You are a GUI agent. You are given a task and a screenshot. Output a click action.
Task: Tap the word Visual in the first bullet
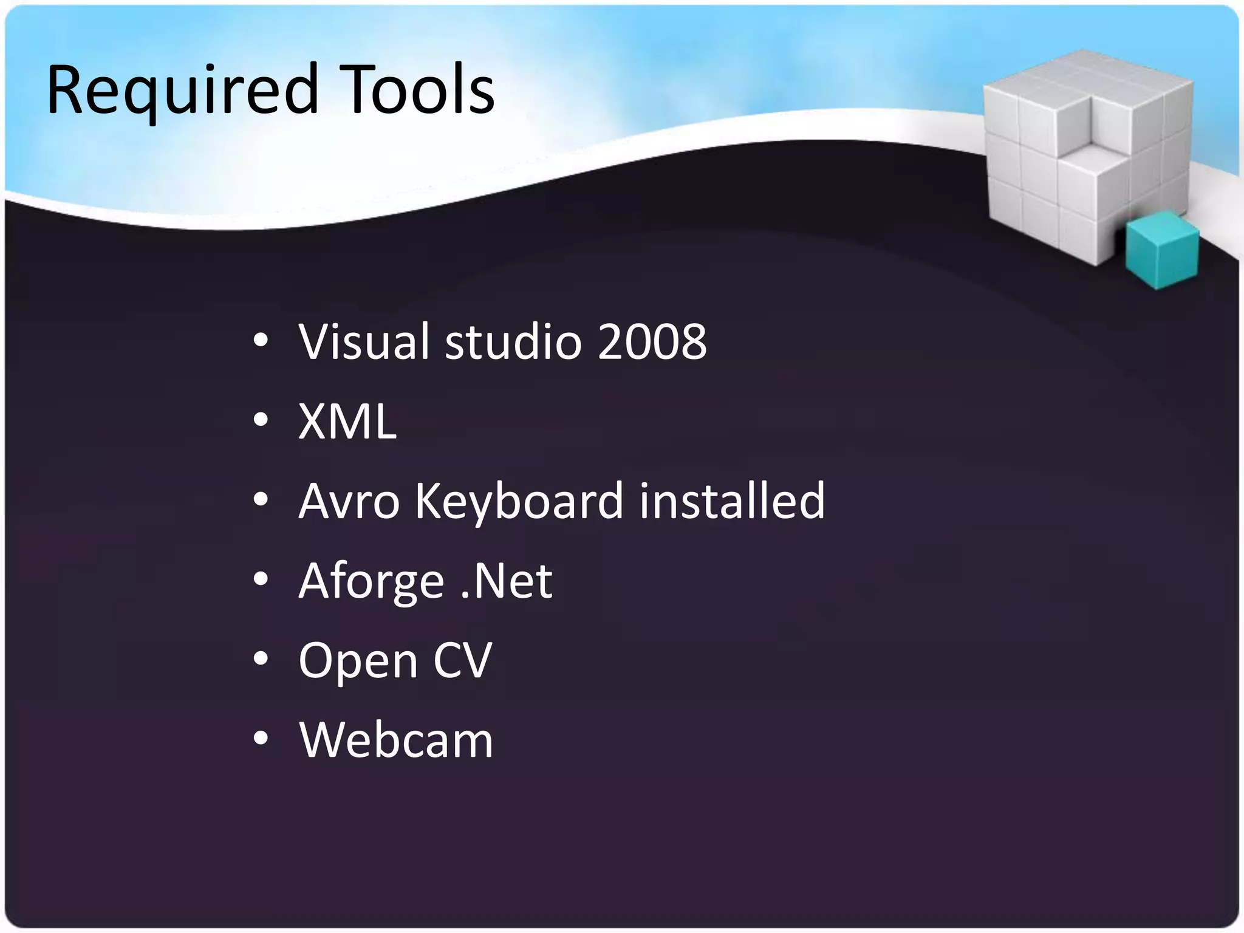click(364, 341)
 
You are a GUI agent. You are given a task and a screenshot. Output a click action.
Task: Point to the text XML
click(347, 422)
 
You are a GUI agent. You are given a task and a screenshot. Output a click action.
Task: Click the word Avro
click(349, 501)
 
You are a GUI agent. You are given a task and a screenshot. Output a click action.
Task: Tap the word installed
click(732, 501)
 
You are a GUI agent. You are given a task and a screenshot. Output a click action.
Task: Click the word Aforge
click(371, 582)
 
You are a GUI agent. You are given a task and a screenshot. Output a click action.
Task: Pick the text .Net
click(506, 581)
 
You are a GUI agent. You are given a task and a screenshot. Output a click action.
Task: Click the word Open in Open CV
click(358, 661)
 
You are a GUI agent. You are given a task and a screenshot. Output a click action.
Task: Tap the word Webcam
click(396, 740)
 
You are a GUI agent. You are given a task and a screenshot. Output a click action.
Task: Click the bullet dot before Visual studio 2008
click(261, 341)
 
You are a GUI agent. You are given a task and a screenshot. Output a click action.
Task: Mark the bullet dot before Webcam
click(261, 739)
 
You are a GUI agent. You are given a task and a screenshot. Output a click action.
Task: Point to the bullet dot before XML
click(261, 420)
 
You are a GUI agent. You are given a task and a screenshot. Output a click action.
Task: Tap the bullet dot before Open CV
click(261, 659)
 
